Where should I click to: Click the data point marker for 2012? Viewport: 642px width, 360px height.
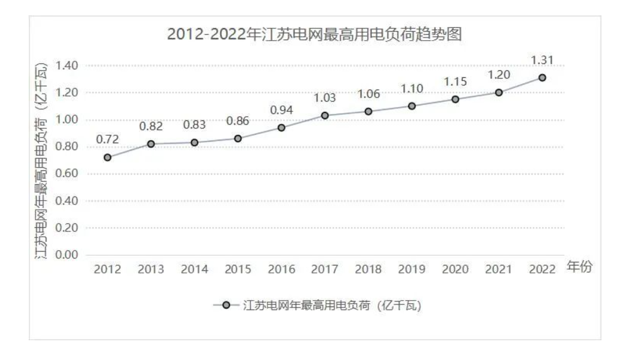pyautogui.click(x=107, y=157)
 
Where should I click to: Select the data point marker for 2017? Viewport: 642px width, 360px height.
pyautogui.click(x=325, y=115)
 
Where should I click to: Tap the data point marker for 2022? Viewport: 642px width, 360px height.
pyautogui.click(x=542, y=78)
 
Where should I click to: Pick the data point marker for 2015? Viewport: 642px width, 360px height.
pyautogui.click(x=238, y=139)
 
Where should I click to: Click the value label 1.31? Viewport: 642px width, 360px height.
pyautogui.click(x=542, y=60)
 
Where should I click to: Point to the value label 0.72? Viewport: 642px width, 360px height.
pyautogui.click(x=107, y=140)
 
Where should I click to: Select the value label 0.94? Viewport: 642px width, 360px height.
pyautogui.click(x=281, y=110)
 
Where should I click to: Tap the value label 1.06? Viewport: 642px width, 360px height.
pyautogui.click(x=368, y=94)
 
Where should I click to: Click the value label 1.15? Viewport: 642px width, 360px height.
pyautogui.click(x=455, y=82)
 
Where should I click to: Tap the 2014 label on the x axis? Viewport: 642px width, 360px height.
pyautogui.click(x=194, y=270)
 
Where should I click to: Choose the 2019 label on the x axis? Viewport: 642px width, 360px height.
pyautogui.click(x=412, y=270)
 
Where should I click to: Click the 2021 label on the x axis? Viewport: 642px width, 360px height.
pyautogui.click(x=499, y=270)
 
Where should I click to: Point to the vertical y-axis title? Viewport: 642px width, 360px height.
pyautogui.click(x=43, y=161)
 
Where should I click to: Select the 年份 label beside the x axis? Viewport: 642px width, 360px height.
pyautogui.click(x=580, y=268)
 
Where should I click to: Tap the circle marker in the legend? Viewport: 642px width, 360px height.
pyautogui.click(x=226, y=306)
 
